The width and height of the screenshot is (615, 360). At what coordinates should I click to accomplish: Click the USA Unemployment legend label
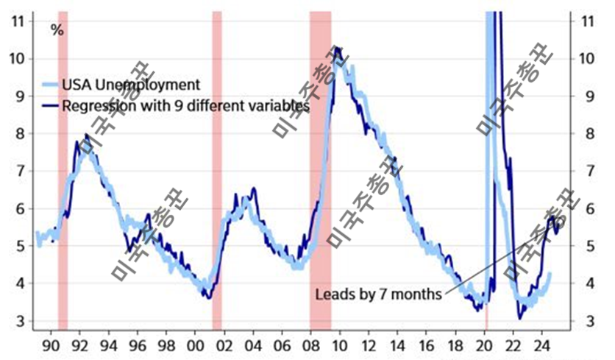(x=131, y=85)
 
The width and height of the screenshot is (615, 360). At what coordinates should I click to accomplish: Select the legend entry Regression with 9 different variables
(x=185, y=105)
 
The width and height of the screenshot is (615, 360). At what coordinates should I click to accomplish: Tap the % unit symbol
(x=57, y=30)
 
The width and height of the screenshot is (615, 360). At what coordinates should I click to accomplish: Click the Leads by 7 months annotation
(x=379, y=294)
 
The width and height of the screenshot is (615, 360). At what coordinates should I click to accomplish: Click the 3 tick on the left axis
(x=21, y=321)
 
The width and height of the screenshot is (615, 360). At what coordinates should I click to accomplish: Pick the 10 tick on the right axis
(x=587, y=58)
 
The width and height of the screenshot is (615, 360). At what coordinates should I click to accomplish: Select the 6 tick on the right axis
(x=590, y=209)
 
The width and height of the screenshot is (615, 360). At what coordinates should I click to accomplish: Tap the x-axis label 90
(x=51, y=346)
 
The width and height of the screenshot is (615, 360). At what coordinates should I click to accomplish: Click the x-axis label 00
(x=196, y=346)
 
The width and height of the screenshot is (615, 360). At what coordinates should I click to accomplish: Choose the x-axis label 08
(x=310, y=346)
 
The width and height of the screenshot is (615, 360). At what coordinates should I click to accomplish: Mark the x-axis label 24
(x=541, y=346)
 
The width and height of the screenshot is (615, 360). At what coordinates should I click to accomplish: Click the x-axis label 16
(x=427, y=346)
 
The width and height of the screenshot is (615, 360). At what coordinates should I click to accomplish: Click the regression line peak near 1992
(x=87, y=135)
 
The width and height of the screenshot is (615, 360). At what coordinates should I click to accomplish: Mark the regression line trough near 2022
(x=520, y=319)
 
